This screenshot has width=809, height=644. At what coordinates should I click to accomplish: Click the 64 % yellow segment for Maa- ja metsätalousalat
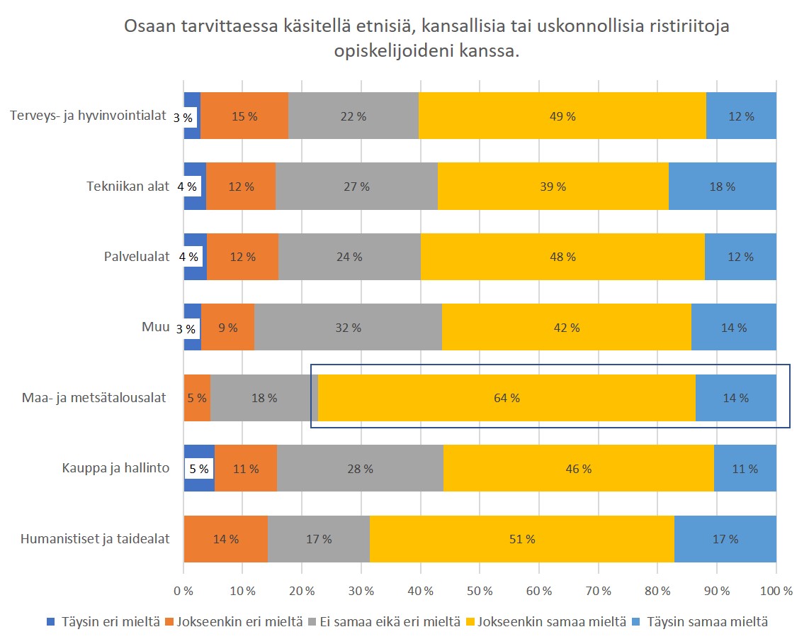pos(507,398)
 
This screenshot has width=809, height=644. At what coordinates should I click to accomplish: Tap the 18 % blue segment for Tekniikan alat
pos(722,187)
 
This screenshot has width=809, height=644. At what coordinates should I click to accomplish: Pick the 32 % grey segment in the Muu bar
pos(348,328)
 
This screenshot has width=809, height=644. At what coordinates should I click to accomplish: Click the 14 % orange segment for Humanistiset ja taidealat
pos(226,539)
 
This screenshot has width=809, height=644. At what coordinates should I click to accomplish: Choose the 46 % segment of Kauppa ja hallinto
pos(578,469)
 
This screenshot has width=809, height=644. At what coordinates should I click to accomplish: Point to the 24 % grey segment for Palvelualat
pos(349,257)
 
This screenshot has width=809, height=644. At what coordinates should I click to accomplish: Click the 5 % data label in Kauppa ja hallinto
pos(199,469)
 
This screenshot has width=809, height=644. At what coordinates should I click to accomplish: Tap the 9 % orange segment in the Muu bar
pos(227,328)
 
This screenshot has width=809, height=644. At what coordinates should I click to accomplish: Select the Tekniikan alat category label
pos(128,187)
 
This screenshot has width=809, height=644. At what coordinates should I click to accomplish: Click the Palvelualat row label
pos(137,257)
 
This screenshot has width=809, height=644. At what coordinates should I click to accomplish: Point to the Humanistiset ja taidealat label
pos(96,539)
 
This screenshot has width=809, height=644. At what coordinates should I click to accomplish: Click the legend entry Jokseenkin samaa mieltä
pos(552,622)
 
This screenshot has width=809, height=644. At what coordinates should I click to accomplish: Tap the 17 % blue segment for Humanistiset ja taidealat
pos(725,539)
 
